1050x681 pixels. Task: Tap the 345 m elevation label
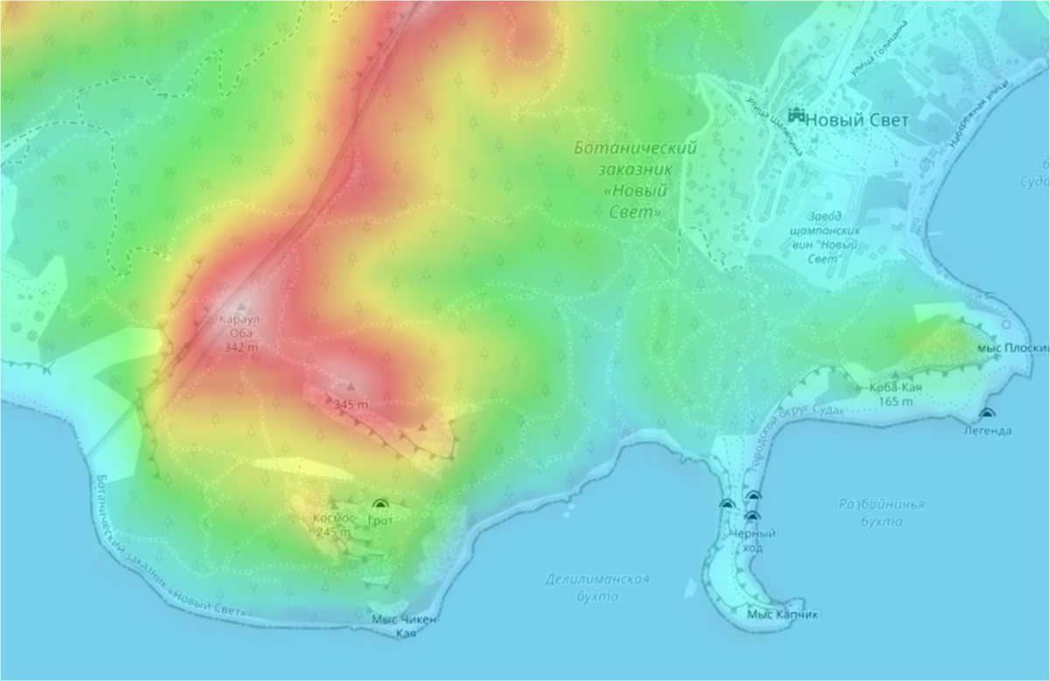pyautogui.click(x=351, y=404)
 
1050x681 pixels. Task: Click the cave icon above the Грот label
pyautogui.click(x=380, y=504)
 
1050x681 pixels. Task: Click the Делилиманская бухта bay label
pyautogui.click(x=597, y=587)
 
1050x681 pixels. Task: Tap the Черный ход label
pyautogui.click(x=752, y=540)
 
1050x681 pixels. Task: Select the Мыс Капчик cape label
pyautogui.click(x=782, y=614)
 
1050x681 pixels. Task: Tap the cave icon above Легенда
pyautogui.click(x=987, y=413)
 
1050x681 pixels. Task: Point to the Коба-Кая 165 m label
pyautogui.click(x=893, y=394)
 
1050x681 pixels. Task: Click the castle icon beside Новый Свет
pyautogui.click(x=795, y=115)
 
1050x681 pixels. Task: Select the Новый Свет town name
pyautogui.click(x=845, y=120)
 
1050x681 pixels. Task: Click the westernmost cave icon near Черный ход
pyautogui.click(x=726, y=504)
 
